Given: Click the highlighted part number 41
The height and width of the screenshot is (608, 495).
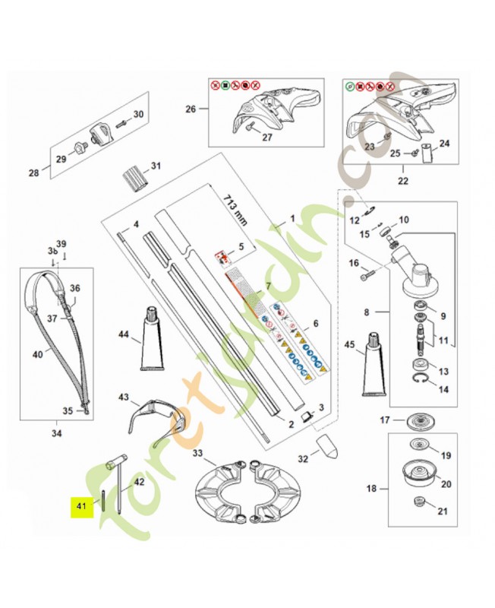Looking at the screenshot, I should (x=79, y=505).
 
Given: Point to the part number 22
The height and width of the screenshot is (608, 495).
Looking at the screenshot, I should (x=402, y=181).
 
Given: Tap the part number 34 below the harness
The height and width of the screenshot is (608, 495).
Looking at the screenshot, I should (x=57, y=434).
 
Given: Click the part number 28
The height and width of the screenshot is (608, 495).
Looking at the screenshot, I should (x=33, y=173).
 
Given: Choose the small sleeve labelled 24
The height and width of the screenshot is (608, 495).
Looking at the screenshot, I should (x=426, y=154).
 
